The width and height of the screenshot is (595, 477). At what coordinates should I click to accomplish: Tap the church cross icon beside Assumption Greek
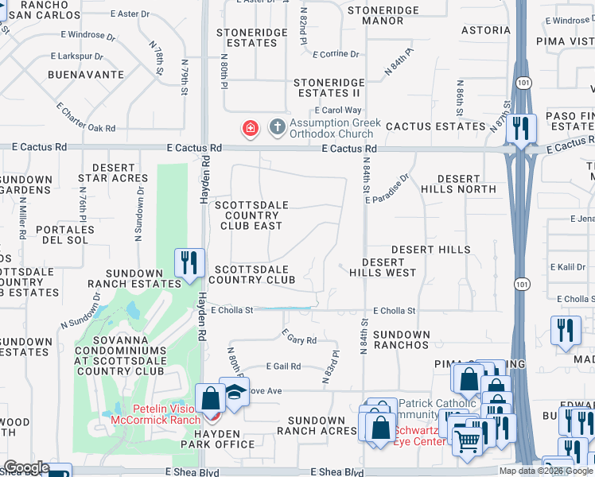(x=278, y=126)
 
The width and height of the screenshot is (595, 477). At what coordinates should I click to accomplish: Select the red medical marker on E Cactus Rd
(x=250, y=128)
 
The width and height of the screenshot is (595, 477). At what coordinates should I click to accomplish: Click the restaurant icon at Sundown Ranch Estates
(x=189, y=262)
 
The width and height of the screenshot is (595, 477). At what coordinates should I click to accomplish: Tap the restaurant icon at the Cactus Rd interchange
(x=521, y=128)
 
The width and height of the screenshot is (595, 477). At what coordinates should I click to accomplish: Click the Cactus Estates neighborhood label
(x=436, y=126)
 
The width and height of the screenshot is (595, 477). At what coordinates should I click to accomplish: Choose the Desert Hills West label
(x=383, y=267)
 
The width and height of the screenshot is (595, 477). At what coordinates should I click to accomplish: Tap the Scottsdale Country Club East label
(x=252, y=215)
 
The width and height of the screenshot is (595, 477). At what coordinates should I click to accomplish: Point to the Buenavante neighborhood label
(x=86, y=75)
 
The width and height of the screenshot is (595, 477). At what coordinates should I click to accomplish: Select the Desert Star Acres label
(x=114, y=173)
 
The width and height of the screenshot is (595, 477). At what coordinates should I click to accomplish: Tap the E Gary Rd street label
(x=300, y=339)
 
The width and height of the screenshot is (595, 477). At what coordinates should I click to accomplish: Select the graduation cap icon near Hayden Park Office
(x=234, y=393)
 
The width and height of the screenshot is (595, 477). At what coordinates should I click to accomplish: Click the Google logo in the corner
(x=27, y=467)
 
